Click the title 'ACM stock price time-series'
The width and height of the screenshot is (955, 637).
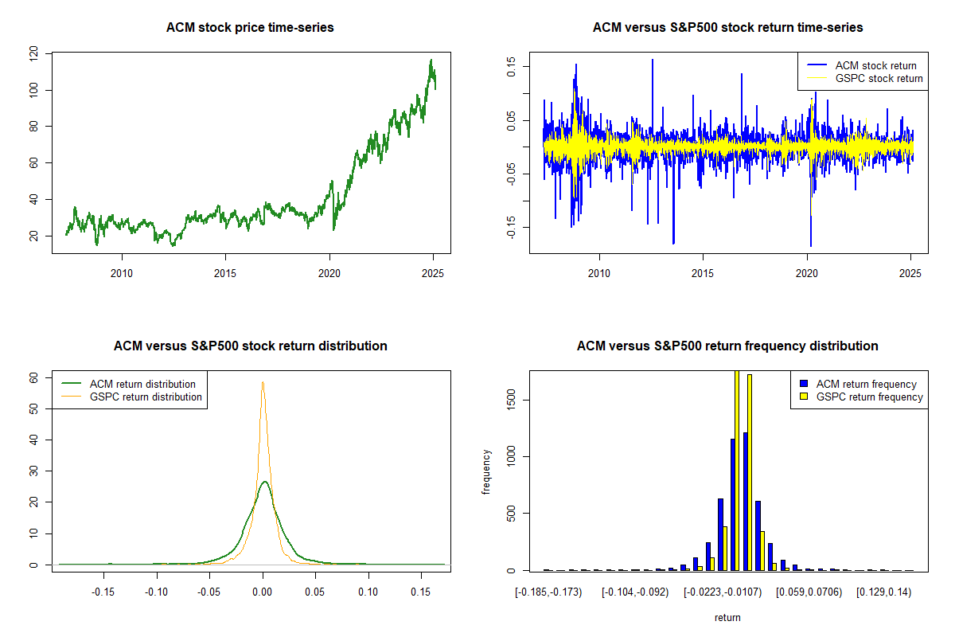tap(250, 28)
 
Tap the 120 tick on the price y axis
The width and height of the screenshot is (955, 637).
tap(34, 54)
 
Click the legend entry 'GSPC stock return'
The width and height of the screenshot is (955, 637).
tap(879, 78)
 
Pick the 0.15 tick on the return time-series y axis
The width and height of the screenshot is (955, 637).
tap(512, 67)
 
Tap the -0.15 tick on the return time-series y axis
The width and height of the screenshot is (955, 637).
tap(512, 229)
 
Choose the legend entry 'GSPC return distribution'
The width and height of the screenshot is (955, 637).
tap(146, 397)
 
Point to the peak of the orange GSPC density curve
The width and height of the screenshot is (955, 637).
tap(263, 382)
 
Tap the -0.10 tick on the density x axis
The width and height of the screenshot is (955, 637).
tap(156, 592)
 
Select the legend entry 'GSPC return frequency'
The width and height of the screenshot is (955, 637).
tap(869, 397)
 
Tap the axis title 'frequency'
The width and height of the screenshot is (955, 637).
tap(487, 471)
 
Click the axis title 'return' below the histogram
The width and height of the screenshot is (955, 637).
tap(727, 617)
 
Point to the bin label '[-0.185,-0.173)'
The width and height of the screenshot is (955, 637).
tap(548, 592)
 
